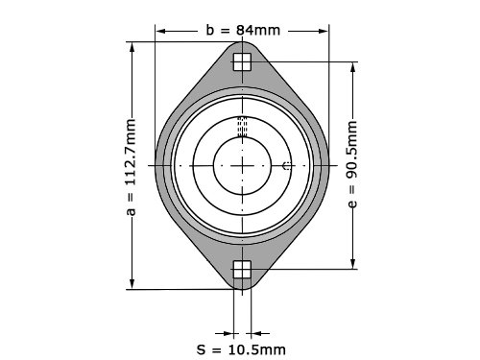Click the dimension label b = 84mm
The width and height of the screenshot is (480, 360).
click(x=243, y=31)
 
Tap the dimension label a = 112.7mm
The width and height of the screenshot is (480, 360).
click(x=132, y=167)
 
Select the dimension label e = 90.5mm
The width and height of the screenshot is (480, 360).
click(x=352, y=164)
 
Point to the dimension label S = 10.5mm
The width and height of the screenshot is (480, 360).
click(x=241, y=349)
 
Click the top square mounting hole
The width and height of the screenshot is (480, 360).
click(x=242, y=61)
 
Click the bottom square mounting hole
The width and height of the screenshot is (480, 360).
click(x=242, y=270)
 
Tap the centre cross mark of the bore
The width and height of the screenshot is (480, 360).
click(x=242, y=166)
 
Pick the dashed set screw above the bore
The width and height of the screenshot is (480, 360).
click(x=242, y=127)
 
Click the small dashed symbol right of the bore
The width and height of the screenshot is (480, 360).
click(x=287, y=166)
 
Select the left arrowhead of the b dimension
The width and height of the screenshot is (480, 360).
click(x=160, y=31)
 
